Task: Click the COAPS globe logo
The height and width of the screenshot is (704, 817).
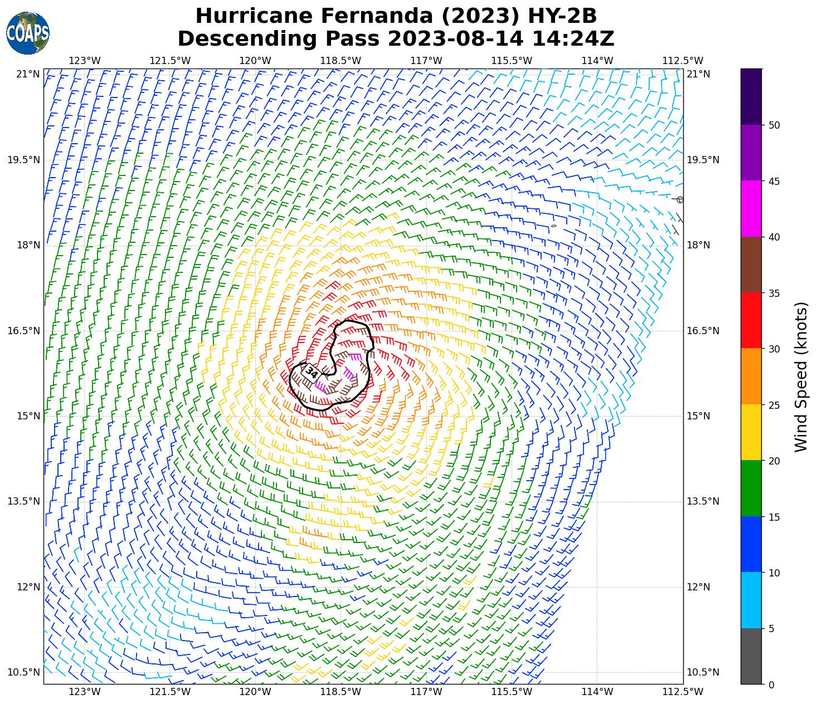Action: (x=28, y=33)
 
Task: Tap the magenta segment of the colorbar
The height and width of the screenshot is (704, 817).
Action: (x=751, y=209)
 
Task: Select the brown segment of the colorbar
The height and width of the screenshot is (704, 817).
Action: (x=751, y=265)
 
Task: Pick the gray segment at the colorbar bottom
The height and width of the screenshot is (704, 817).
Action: (x=751, y=656)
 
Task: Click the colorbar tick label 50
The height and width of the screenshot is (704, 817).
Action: (x=774, y=125)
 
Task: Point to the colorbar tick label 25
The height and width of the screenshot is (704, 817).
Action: (x=774, y=405)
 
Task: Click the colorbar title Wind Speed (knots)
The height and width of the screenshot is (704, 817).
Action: (x=801, y=377)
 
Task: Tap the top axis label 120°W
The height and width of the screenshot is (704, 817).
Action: (x=256, y=61)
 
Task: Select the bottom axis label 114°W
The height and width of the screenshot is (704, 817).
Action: (x=597, y=692)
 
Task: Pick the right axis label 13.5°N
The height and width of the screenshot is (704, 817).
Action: (x=703, y=501)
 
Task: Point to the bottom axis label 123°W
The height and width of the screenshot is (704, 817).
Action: (x=85, y=692)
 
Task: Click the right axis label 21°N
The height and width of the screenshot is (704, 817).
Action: (x=698, y=74)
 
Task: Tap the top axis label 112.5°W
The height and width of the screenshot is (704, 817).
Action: (x=682, y=61)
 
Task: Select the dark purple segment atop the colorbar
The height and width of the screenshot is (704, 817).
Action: (x=751, y=96)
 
